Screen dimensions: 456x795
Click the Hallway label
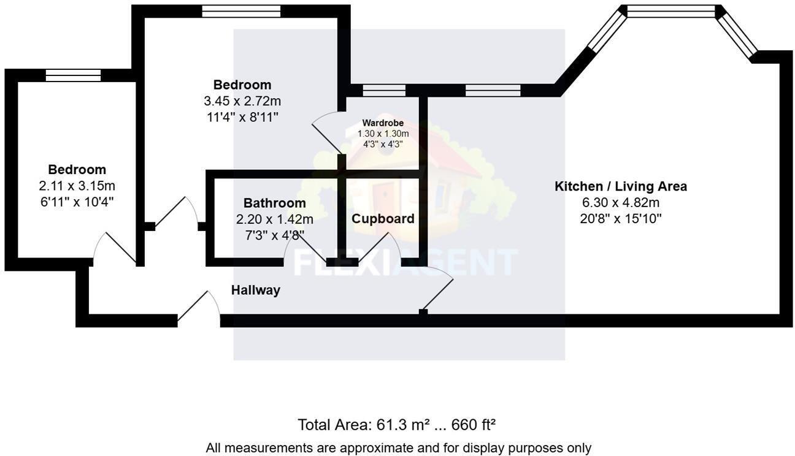click(x=255, y=291)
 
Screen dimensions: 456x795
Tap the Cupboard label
click(x=383, y=219)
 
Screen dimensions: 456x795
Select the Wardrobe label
click(x=383, y=123)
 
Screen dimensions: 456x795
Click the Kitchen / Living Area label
click(x=620, y=186)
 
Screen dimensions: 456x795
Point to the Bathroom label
click(x=274, y=203)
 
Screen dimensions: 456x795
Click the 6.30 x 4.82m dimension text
click(x=620, y=202)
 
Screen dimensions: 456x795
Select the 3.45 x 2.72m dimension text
click(x=242, y=101)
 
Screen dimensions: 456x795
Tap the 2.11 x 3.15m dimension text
click(x=77, y=185)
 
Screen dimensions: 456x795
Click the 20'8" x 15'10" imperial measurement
click(x=620, y=218)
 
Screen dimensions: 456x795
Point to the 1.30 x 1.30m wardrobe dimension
click(x=383, y=134)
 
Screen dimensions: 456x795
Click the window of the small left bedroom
click(x=73, y=75)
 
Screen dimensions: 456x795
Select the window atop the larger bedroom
click(x=241, y=11)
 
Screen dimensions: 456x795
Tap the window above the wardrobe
click(x=384, y=91)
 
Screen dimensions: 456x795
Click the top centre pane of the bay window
click(x=671, y=11)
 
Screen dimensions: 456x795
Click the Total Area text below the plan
click(x=397, y=425)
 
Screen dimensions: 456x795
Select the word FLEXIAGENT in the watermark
click(x=405, y=262)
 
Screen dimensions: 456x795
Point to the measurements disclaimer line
click(x=398, y=448)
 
